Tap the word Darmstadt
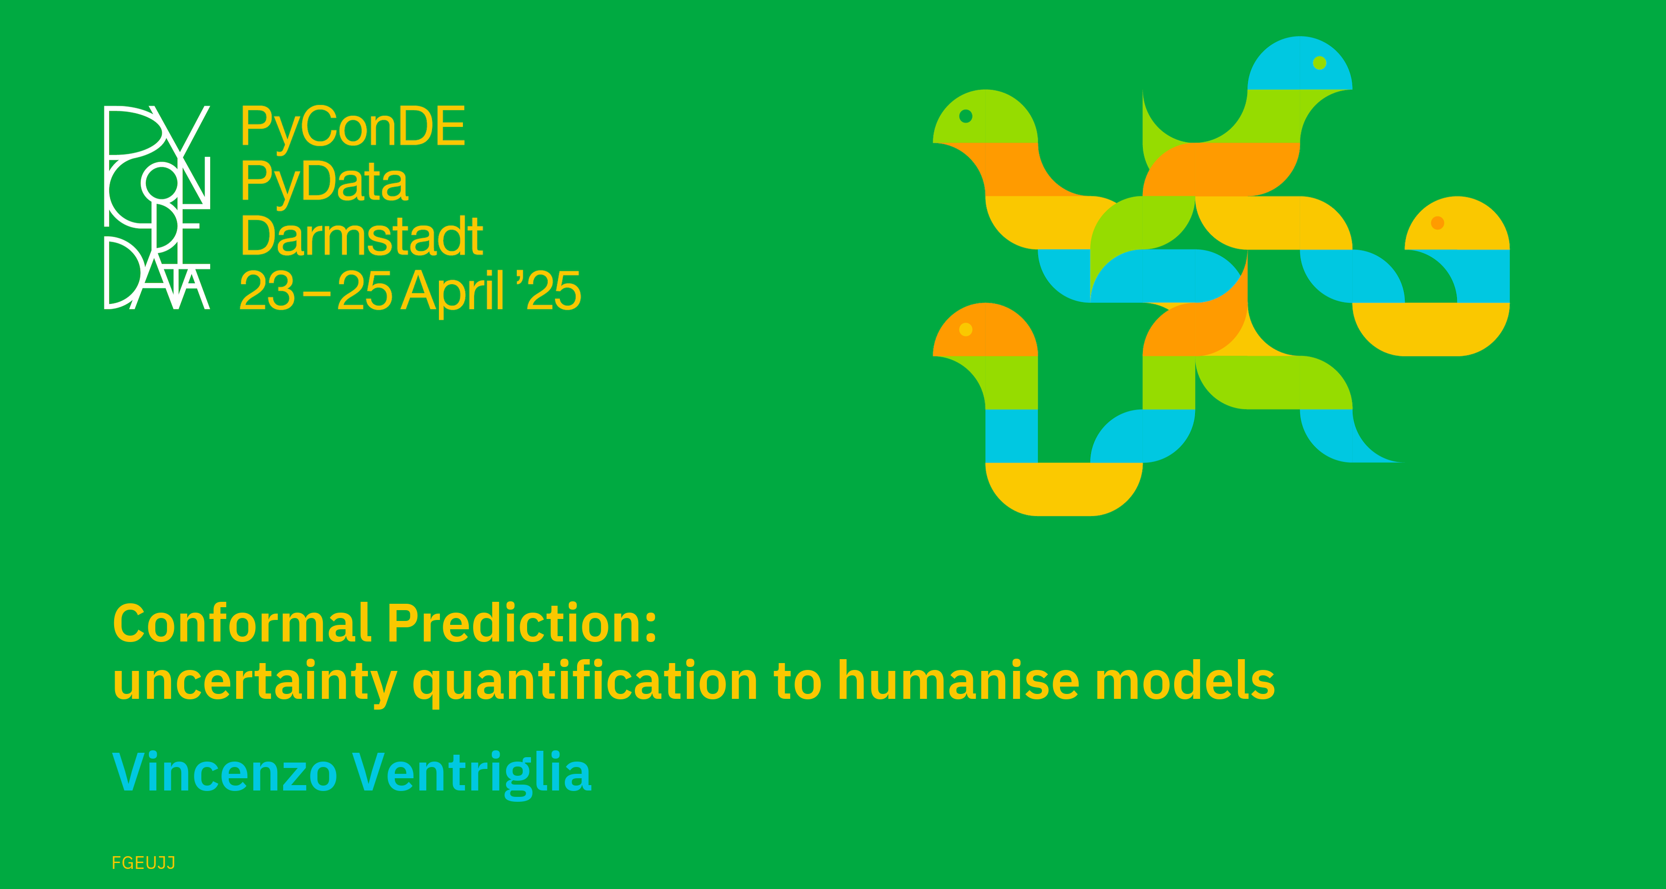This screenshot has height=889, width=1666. (362, 236)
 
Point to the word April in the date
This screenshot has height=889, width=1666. (452, 293)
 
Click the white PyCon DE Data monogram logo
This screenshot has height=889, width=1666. (157, 207)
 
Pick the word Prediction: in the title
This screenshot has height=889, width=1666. (522, 623)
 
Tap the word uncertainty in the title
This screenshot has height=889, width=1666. (255, 683)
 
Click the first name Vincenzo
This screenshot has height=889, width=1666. (224, 772)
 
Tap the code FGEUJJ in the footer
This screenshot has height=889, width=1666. (144, 863)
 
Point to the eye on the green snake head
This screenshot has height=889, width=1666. (966, 117)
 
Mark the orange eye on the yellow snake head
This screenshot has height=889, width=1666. (1438, 223)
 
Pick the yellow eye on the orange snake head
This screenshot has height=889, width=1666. (966, 329)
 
